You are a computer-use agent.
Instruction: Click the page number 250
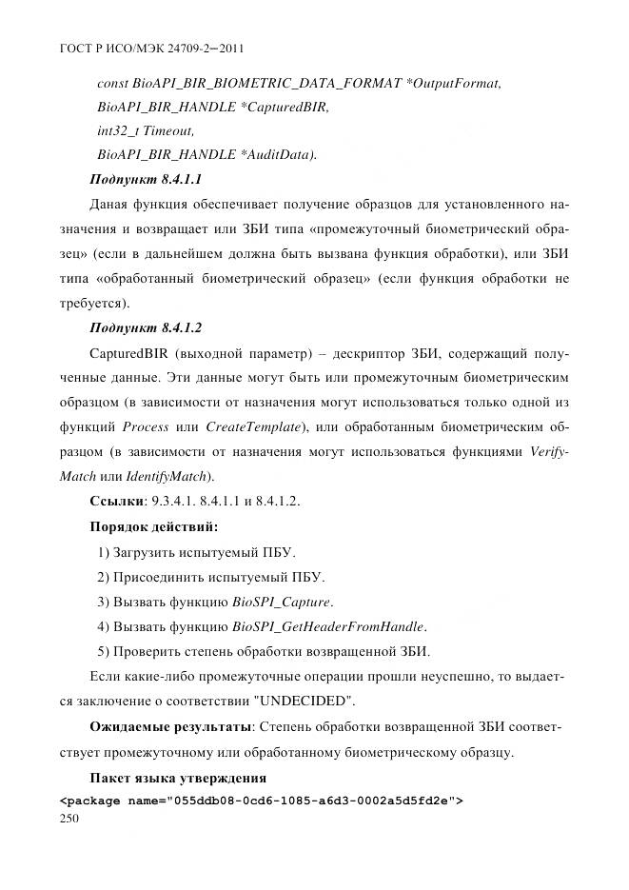pyautogui.click(x=70, y=818)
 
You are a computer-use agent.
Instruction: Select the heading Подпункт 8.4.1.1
pyautogui.click(x=145, y=178)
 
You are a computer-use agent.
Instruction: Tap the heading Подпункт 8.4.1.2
pyautogui.click(x=145, y=327)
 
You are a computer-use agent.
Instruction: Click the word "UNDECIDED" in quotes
pyautogui.click(x=306, y=702)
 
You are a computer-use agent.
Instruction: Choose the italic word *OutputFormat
pyautogui.click(x=452, y=83)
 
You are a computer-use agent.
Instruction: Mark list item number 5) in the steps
pyautogui.click(x=106, y=651)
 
